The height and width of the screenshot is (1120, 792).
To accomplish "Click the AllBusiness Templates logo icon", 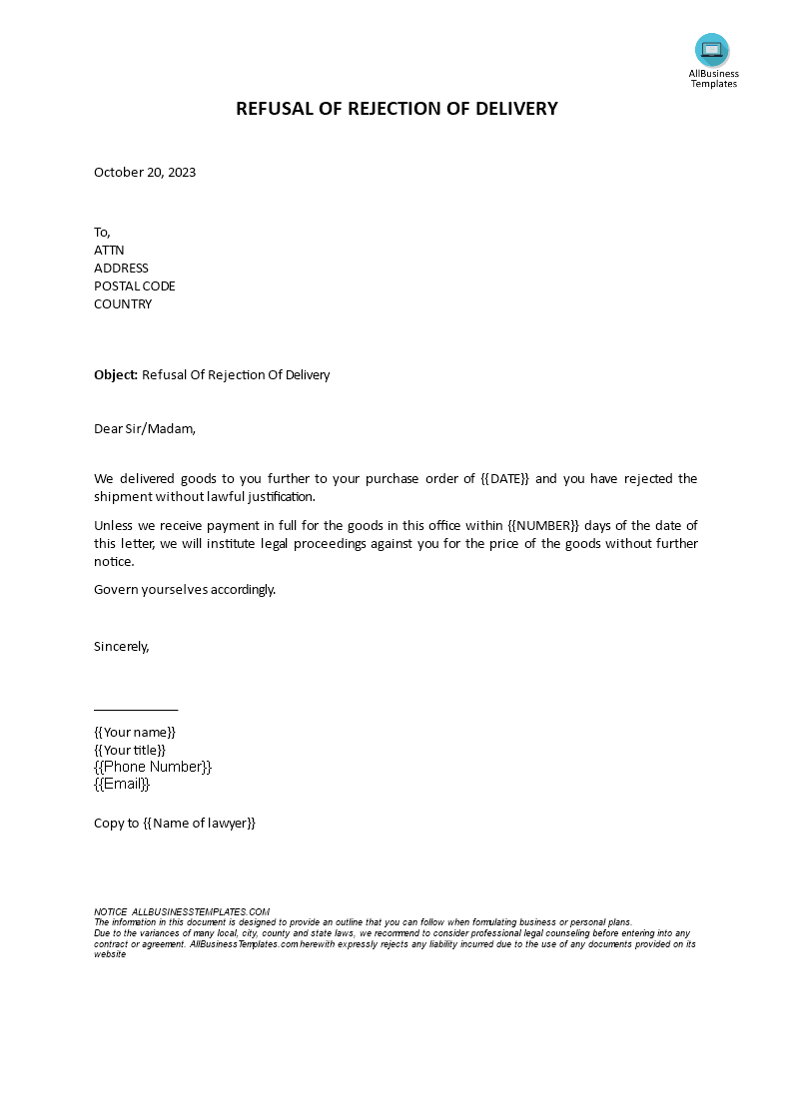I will pos(712,49).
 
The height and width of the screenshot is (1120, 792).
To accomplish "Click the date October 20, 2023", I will pos(145,172).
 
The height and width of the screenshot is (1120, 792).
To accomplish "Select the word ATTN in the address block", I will pos(109,251).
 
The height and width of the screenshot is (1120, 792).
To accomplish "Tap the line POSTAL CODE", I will pos(135,286).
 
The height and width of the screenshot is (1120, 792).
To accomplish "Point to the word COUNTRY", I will pos(123,304).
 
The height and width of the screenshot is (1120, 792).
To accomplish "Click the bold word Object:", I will pos(116,375).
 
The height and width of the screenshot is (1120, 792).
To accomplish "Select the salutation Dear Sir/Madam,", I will pos(145,429).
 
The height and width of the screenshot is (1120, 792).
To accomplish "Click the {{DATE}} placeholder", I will pos(506,479).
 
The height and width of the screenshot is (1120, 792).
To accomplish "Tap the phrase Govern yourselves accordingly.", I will pos(185,589).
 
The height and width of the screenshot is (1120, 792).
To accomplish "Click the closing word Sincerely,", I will pos(122,646).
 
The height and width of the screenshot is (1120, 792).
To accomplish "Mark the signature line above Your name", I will pos(136,709).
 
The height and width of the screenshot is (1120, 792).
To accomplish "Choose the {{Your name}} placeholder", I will pos(135,732).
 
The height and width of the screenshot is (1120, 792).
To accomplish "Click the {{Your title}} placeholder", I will pos(130,750).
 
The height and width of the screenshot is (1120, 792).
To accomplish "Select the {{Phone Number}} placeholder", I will pos(153,767).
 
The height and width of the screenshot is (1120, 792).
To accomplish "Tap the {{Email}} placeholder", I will pos(122,784).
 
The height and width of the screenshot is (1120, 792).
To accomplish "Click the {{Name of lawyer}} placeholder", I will pos(200,824).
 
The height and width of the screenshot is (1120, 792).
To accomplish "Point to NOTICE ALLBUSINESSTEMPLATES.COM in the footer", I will pos(182,911).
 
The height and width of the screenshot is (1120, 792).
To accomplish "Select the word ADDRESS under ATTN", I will pos(121,269).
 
